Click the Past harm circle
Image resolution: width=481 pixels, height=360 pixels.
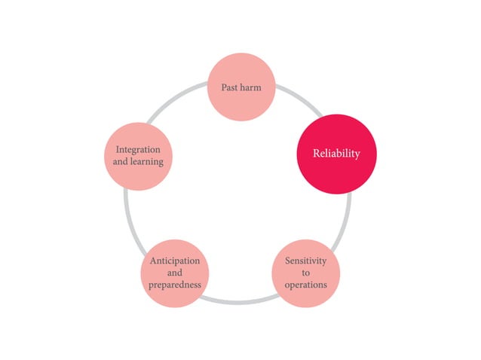241,87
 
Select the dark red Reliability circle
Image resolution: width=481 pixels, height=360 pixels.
336,154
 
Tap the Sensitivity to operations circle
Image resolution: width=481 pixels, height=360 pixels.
306,273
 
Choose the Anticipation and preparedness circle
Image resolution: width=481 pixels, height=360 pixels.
175,273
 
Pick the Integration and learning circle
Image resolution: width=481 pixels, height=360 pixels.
139,156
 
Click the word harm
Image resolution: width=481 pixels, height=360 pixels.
251,87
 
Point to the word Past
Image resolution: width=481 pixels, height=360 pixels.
230,87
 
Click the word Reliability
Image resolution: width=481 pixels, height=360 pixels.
336,153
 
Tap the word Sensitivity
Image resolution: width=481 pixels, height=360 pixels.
306,261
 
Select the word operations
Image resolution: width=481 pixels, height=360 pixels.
306,285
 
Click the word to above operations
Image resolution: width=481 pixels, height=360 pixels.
306,273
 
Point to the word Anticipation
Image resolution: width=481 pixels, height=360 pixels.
175,261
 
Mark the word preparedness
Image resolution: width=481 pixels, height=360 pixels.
175,285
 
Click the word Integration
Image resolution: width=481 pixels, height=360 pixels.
138,150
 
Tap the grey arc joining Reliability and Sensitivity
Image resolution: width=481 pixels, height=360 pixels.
345,223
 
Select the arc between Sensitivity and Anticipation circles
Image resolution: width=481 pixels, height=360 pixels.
239,303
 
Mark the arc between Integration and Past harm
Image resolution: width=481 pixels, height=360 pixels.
176,99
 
